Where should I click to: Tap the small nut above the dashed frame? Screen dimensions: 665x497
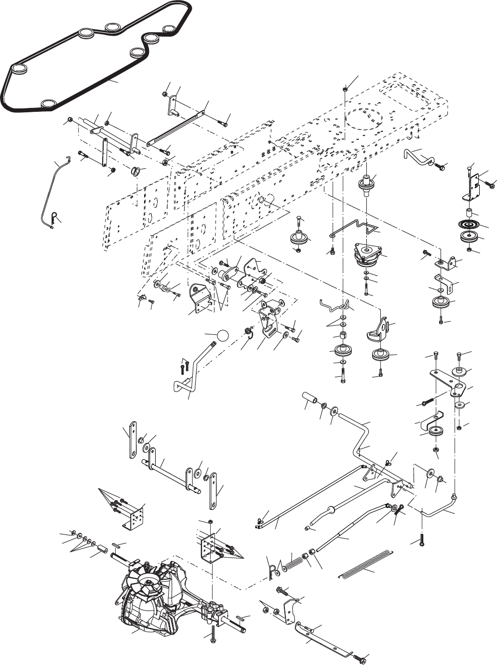[x=346, y=89]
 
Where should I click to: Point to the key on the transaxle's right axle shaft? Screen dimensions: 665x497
[x=243, y=618]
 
